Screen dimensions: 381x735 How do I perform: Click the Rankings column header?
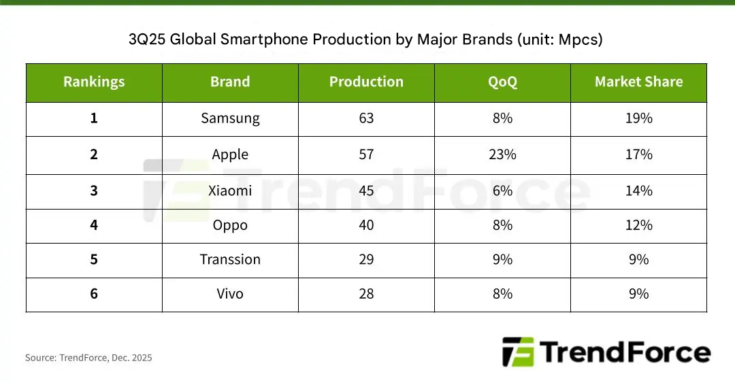[94, 82]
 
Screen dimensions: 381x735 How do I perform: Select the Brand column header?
[230, 82]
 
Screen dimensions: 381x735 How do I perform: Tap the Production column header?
[366, 82]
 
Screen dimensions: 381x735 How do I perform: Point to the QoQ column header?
[502, 82]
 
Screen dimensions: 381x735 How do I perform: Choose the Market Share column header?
[638, 82]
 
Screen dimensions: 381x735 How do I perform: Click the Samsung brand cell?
[230, 118]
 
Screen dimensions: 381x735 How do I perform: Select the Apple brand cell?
[230, 154]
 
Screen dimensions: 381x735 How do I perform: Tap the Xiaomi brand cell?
[230, 190]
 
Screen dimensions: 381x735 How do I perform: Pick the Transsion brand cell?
[230, 260]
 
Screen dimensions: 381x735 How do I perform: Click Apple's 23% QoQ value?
[502, 154]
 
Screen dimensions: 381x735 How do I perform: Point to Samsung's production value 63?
[366, 118]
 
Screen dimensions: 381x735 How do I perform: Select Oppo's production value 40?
[366, 225]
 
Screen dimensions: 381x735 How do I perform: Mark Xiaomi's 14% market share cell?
[638, 190]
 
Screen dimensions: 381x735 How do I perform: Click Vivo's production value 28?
[366, 294]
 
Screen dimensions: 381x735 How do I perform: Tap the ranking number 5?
[94, 260]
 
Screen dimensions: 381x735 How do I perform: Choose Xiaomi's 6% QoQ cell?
[502, 190]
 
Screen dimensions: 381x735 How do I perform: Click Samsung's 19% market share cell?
[638, 118]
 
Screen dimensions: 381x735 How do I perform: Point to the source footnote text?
[88, 358]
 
